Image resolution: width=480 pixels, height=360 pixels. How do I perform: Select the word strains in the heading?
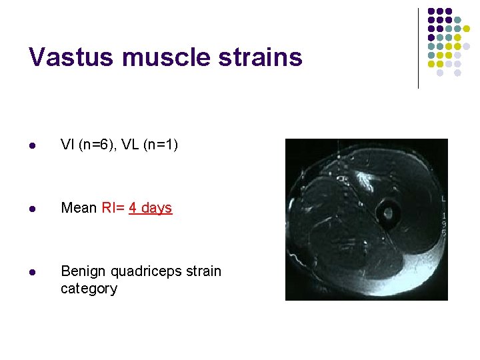click(x=263, y=57)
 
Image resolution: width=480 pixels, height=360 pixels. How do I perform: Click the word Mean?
click(x=79, y=208)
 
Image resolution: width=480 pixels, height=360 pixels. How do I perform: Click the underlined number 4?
click(x=133, y=208)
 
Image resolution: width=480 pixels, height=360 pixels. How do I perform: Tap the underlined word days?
click(x=157, y=208)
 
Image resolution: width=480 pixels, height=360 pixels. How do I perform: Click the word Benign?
click(x=82, y=271)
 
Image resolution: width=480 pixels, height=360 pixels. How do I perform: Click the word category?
click(x=89, y=289)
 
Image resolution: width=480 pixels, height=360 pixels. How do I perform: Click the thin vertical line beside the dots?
click(x=418, y=48)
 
